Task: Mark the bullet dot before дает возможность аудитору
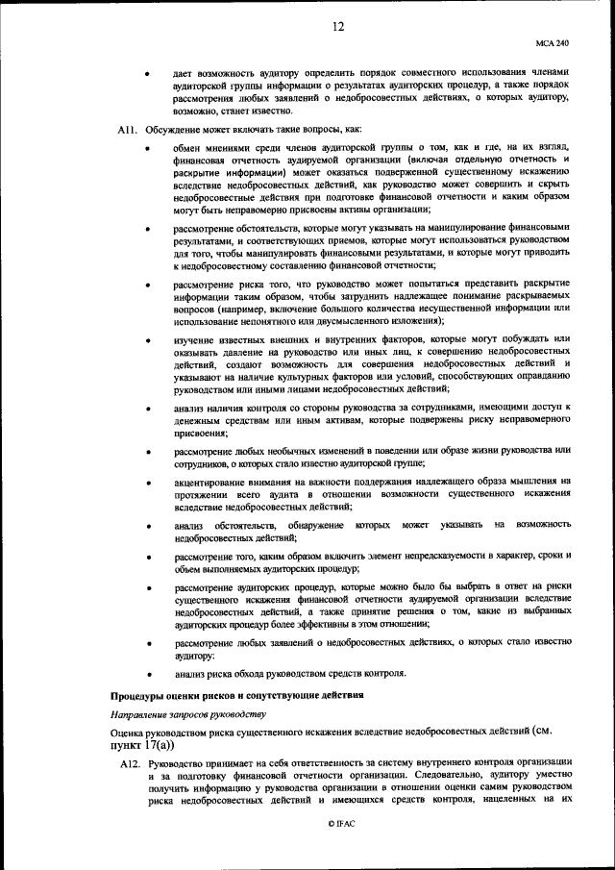[148, 72]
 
